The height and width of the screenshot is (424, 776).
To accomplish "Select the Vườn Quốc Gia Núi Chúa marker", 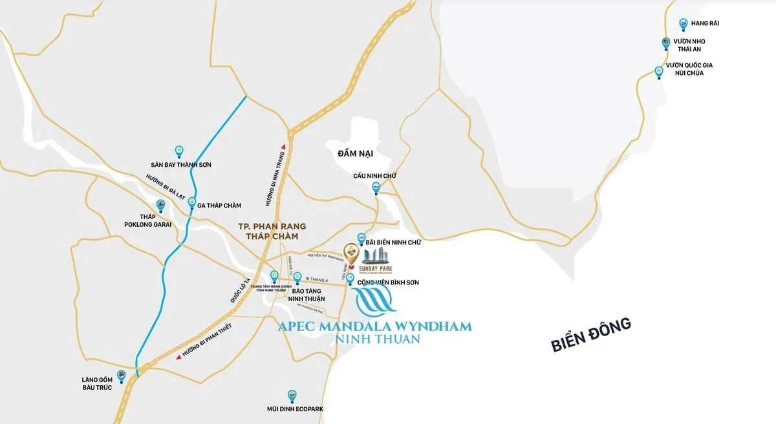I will pyautogui.click(x=659, y=71).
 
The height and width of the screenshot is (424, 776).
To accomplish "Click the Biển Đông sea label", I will pyautogui.click(x=590, y=334).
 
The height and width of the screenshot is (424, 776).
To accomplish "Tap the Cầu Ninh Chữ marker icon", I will pyautogui.click(x=376, y=188).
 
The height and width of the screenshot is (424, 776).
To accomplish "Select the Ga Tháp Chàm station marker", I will pyautogui.click(x=192, y=202).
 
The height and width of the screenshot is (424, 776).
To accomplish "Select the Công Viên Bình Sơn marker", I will pyautogui.click(x=350, y=279).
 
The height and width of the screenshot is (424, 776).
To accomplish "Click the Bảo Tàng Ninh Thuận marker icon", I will pyautogui.click(x=297, y=278).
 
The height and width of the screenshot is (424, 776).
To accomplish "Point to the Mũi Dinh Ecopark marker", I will pyautogui.click(x=292, y=395).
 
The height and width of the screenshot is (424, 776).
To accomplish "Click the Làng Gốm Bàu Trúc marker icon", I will pyautogui.click(x=121, y=374).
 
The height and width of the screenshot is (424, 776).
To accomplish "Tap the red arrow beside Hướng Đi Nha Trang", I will pyautogui.click(x=280, y=147).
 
